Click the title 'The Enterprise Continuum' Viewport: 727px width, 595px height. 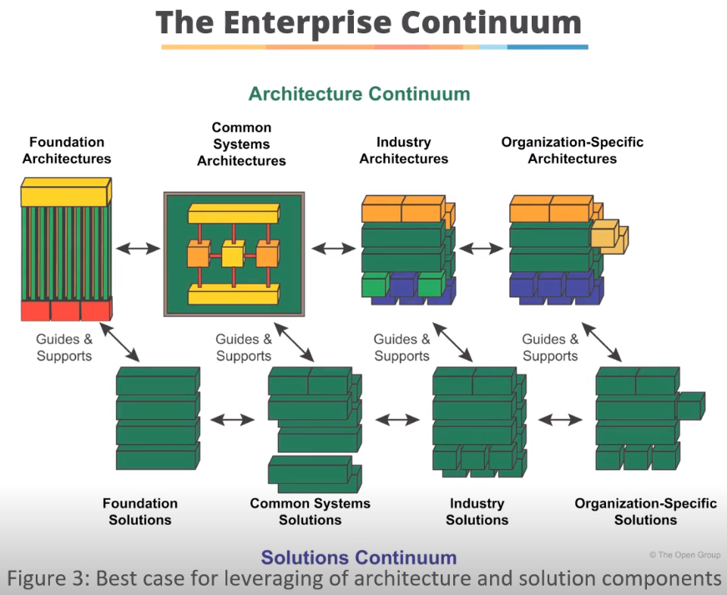[368, 22]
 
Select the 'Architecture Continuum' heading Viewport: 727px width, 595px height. [359, 93]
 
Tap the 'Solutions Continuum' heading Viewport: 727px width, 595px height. [359, 557]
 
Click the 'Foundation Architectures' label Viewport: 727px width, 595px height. [67, 150]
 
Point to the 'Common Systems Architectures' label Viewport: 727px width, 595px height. [241, 144]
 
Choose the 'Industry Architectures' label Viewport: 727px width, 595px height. [403, 150]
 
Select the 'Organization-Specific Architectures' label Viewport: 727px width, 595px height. [572, 150]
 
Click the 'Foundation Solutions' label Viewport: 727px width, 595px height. [140, 512]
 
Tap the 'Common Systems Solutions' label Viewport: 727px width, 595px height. [310, 512]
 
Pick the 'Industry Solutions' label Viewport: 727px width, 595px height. [477, 512]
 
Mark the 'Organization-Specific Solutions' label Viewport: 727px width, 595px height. [645, 512]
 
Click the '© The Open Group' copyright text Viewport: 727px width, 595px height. [684, 555]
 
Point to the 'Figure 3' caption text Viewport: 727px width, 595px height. [363, 578]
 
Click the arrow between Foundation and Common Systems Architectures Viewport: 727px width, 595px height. [138, 248]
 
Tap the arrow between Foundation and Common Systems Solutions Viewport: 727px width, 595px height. [234, 420]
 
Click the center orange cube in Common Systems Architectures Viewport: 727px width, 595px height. [233, 253]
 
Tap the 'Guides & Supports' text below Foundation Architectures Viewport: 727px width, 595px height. [64, 347]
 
